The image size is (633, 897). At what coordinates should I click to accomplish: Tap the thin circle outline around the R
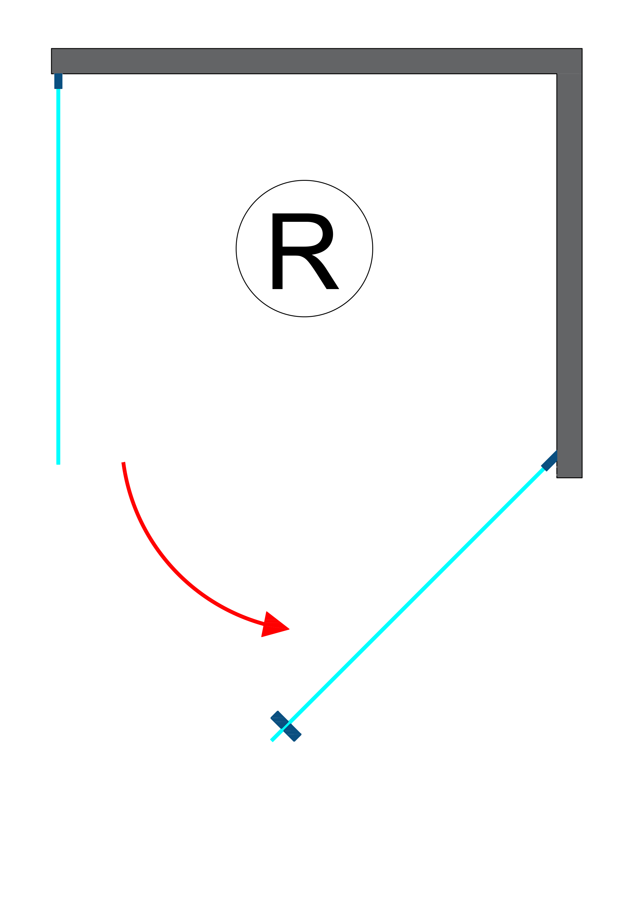pos(236,248)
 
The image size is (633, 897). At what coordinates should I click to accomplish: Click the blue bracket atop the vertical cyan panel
pos(58,81)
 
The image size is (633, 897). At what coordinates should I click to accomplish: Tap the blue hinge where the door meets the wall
pos(550,461)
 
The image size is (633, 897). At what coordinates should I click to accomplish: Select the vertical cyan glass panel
pos(58,273)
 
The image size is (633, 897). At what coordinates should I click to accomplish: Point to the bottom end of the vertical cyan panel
pos(58,463)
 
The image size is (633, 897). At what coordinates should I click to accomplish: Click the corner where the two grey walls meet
pos(569,61)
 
